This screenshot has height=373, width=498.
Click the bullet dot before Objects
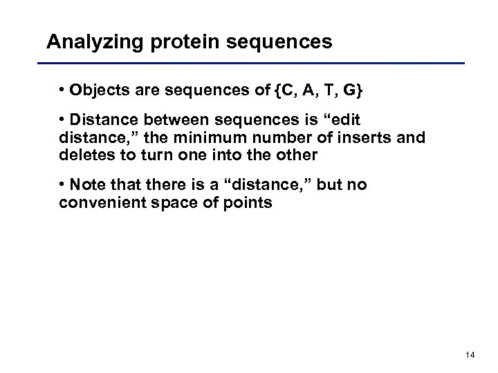point(62,93)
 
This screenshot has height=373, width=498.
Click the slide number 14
point(470,356)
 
